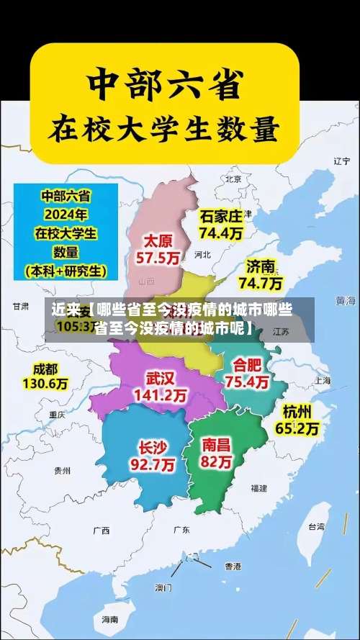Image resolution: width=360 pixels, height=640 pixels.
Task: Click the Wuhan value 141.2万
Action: pyautogui.click(x=161, y=395)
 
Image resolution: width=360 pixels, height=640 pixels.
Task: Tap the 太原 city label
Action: pyautogui.click(x=159, y=240)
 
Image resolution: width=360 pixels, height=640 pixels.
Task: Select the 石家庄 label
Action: pyautogui.click(x=221, y=215)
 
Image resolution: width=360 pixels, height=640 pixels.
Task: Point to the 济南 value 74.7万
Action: pyautogui.click(x=261, y=283)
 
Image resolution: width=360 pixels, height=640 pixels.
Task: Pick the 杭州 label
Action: pyautogui.click(x=297, y=411)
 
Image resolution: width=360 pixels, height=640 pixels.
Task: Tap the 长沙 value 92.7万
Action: pyautogui.click(x=152, y=465)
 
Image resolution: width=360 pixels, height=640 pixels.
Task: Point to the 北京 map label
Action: pyautogui.click(x=233, y=179)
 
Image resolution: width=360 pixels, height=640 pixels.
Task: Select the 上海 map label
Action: pyautogui.click(x=321, y=381)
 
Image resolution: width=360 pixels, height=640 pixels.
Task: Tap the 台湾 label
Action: pyautogui.click(x=317, y=526)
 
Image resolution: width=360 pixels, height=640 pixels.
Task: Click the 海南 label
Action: pyautogui.click(x=109, y=619)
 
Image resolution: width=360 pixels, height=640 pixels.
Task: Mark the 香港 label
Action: pyautogui.click(x=232, y=566)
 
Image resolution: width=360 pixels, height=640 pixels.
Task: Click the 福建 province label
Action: pyautogui.click(x=258, y=487)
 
